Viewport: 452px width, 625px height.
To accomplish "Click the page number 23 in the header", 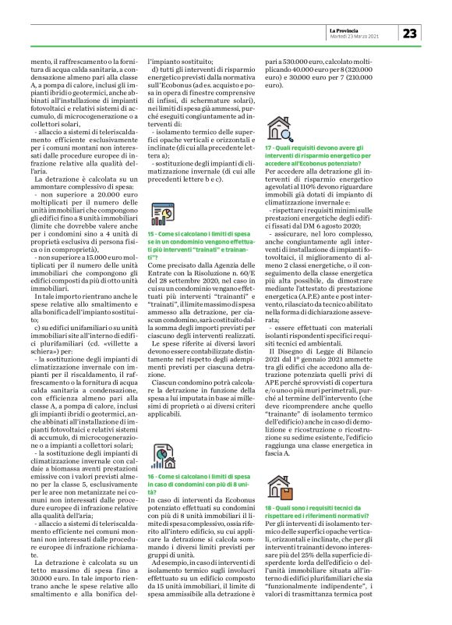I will tap(411, 34).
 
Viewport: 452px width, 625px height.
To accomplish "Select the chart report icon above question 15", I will tap(159, 212).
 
